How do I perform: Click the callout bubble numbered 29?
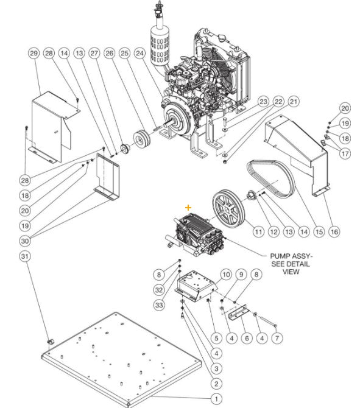tap(34, 54)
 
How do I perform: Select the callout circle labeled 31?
tap(25, 257)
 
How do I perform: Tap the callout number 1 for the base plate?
tap(214, 398)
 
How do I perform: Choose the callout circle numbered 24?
tap(139, 54)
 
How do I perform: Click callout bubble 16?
tap(334, 232)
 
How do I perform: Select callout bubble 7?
tap(277, 337)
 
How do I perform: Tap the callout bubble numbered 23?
tap(263, 101)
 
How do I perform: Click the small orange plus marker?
tap(188, 208)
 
